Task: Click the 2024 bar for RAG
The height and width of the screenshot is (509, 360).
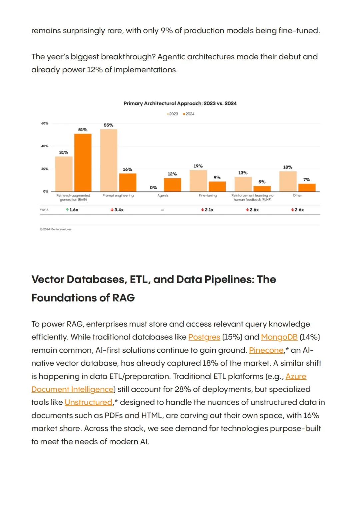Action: tap(83, 162)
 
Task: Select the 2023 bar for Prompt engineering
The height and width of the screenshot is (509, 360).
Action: tap(109, 160)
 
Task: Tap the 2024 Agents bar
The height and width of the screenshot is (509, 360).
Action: tap(173, 185)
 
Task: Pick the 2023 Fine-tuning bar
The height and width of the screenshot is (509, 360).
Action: tap(198, 181)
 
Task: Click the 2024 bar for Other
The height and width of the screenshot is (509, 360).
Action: tap(307, 187)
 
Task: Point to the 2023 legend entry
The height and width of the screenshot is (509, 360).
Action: tap(172, 114)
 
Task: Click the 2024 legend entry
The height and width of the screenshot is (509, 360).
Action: tap(189, 114)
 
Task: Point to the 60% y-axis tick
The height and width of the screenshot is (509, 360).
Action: tap(45, 123)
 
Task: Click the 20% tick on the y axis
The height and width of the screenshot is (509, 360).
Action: tap(45, 169)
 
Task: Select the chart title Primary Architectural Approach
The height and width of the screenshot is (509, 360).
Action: tap(180, 103)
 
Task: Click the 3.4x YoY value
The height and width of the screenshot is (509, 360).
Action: tap(117, 210)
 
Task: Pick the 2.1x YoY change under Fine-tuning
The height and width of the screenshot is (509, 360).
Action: tap(207, 210)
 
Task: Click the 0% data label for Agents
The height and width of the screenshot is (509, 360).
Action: tap(153, 187)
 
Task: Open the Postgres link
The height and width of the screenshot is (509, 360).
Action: tap(204, 337)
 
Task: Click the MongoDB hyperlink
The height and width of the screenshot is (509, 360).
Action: tap(279, 337)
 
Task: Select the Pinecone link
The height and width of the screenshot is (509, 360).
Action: tap(266, 350)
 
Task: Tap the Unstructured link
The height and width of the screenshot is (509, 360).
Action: tap(89, 402)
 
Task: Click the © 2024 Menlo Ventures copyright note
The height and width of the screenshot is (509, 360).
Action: tap(56, 229)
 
